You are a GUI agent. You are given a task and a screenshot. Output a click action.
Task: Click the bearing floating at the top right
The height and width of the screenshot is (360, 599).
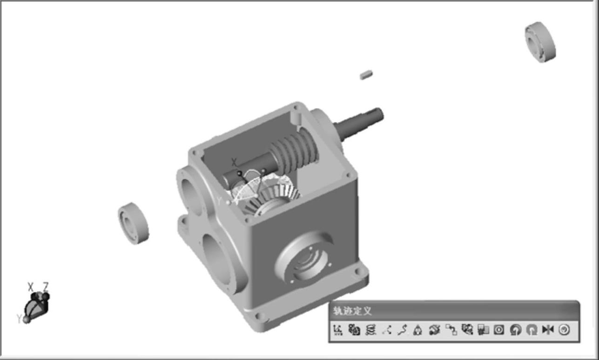coord(540,42)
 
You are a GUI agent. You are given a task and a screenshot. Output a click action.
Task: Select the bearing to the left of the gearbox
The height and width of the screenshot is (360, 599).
coord(134,223)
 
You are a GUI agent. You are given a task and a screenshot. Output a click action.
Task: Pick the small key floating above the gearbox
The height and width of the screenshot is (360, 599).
coord(366,75)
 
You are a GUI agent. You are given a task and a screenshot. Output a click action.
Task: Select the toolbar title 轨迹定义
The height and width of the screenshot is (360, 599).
coord(352,311)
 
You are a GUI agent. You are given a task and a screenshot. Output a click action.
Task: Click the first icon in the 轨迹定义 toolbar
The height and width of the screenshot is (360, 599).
coord(338,330)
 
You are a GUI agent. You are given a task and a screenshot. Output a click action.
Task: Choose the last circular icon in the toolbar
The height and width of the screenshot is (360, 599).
coord(564,330)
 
